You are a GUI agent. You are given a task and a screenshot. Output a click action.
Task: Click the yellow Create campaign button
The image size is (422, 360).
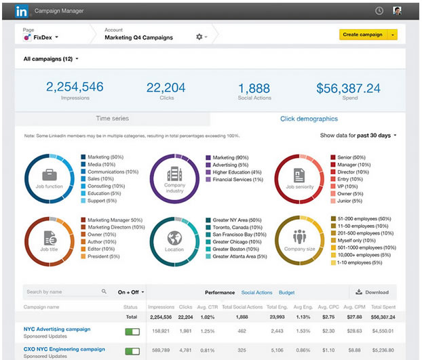[362, 35]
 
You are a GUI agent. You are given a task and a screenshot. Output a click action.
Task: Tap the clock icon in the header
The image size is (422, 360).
[379, 11]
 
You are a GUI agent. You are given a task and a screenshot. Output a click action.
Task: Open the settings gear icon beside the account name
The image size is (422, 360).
[199, 37]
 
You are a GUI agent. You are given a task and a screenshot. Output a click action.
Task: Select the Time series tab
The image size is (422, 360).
[112, 119]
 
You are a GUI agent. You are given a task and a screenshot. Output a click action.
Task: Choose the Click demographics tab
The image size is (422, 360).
[309, 119]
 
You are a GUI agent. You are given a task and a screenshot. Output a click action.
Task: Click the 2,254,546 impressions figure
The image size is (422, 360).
[75, 87]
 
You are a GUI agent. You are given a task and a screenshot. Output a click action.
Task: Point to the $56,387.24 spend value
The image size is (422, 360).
[348, 87]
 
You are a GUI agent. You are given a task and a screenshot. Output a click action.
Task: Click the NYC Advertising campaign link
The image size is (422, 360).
[57, 329]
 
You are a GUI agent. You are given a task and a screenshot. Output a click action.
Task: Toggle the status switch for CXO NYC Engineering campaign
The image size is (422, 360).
[132, 351]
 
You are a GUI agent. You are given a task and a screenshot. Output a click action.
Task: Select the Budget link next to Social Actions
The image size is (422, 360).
[286, 293]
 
